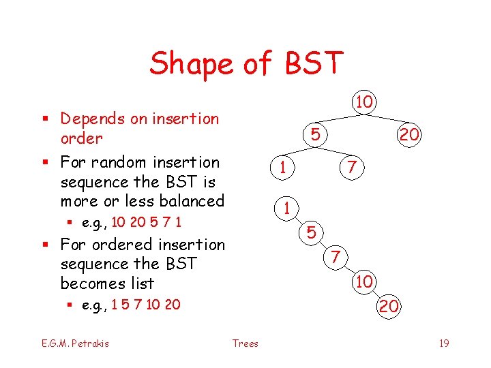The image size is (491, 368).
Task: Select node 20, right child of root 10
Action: click(409, 135)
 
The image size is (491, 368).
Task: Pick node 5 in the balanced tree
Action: click(314, 135)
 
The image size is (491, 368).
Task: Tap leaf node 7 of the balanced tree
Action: click(351, 167)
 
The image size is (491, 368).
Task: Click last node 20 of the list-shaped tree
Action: click(389, 307)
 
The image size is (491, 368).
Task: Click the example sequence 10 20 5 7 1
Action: click(146, 222)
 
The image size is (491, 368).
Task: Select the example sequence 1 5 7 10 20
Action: click(146, 304)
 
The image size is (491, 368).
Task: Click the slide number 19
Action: click(444, 343)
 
